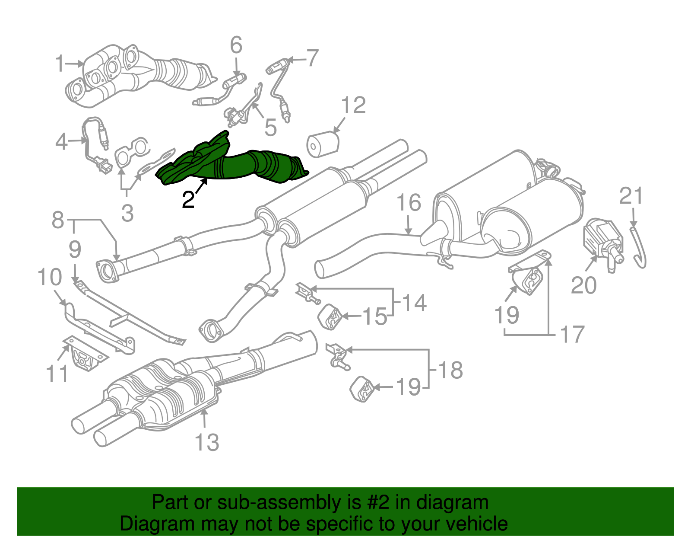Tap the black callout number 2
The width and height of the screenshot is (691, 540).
coord(188,200)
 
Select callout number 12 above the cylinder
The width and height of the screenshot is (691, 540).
coord(354,105)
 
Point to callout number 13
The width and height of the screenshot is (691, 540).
coord(207,442)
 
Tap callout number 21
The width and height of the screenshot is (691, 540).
coord(631,196)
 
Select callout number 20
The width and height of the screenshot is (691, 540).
coord(584,285)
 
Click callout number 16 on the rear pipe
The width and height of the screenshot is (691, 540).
coord(409,203)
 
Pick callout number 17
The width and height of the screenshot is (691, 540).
coord(572,334)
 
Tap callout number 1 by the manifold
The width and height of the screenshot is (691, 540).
coord(60,64)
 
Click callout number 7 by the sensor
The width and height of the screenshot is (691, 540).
coord(312,58)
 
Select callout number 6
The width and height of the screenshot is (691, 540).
coord(236,45)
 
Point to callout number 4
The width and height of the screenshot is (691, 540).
coord(62,141)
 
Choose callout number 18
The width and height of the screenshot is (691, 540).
coord(450,370)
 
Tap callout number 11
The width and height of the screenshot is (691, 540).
coord(57,374)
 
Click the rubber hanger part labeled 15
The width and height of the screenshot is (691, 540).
coord(330,317)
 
